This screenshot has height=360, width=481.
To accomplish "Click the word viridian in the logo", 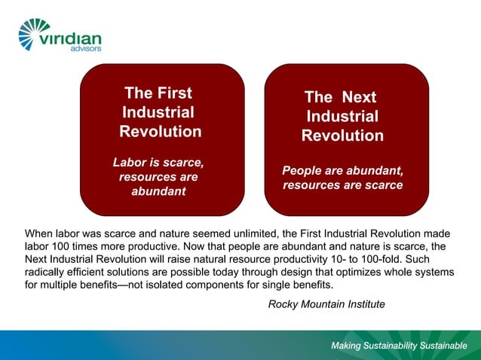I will [x=74, y=38].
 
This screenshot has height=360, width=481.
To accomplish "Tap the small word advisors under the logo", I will [x=85, y=49].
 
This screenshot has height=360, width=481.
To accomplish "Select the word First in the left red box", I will [x=176, y=93].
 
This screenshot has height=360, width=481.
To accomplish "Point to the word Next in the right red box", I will [x=358, y=97].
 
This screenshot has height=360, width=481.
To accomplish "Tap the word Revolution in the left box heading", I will [x=161, y=131].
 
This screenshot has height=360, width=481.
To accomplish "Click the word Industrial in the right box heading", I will [x=342, y=117].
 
